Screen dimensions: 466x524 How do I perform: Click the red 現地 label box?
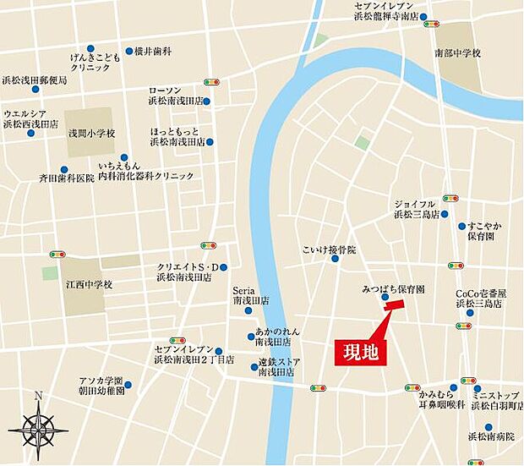[x=361, y=353]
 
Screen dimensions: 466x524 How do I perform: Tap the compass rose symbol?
[x=38, y=430]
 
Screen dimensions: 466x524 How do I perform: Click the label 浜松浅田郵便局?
[x=34, y=79]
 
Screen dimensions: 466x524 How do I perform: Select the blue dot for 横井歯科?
[x=129, y=51]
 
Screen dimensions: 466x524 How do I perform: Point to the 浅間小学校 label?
[x=91, y=133]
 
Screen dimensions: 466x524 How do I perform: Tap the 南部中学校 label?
[x=457, y=53]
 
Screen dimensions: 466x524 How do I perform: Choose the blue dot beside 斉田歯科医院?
[x=63, y=169]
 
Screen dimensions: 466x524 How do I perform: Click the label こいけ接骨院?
[x=330, y=250]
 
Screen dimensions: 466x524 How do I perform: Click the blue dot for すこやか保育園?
[x=461, y=226]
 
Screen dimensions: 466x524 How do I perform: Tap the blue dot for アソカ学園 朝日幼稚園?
[x=128, y=386]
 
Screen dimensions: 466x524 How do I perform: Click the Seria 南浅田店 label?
[x=251, y=294]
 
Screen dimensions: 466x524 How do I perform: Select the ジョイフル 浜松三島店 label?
[x=416, y=209]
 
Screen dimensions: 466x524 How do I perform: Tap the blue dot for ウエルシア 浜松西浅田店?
[x=31, y=131]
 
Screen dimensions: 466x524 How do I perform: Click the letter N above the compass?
[x=38, y=396]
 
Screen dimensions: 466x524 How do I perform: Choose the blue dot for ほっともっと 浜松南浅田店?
[x=210, y=142]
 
